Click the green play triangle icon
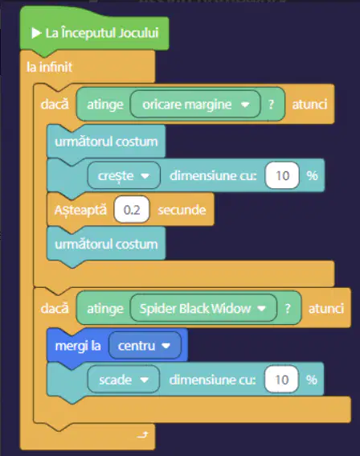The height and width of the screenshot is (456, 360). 36,33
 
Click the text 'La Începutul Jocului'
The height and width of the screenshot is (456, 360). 102,33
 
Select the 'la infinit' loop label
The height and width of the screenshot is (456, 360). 49,68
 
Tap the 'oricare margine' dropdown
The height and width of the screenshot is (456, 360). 195,105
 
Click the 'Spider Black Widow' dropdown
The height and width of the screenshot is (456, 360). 203,308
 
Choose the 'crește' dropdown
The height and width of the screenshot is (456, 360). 124,175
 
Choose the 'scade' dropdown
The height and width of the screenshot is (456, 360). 124,380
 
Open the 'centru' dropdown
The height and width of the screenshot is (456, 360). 145,346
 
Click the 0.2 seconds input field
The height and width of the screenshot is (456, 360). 132,210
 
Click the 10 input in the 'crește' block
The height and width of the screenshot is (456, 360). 282,175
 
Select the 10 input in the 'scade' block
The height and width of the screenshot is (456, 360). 281,380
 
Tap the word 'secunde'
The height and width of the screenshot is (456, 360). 182,210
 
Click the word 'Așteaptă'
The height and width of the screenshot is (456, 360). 80,210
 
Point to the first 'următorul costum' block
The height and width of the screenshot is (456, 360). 106,142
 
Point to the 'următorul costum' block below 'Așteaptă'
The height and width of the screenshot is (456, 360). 106,244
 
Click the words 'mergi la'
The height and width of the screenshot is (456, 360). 78,346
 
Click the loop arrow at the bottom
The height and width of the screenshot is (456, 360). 143,435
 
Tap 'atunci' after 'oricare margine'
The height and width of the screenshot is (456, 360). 309,105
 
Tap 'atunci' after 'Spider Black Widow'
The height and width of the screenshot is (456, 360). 326,309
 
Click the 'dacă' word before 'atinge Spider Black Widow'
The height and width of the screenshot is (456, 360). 55,308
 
